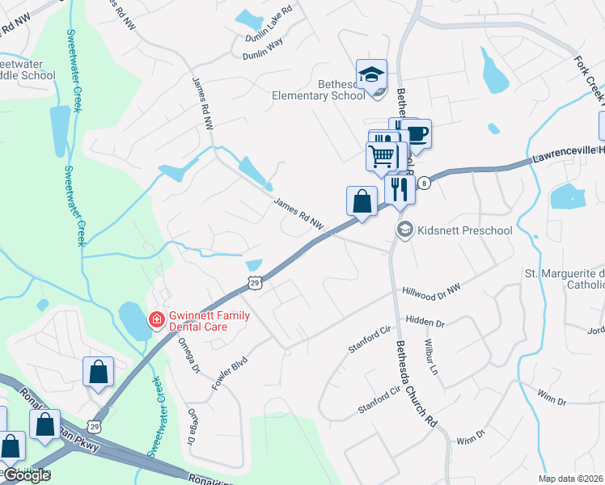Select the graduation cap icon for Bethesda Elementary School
pyautogui.click(x=371, y=74)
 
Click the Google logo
pyautogui.click(x=26, y=475)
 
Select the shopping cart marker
pyautogui.click(x=382, y=156)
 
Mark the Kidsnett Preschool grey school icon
pyautogui.click(x=404, y=230)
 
